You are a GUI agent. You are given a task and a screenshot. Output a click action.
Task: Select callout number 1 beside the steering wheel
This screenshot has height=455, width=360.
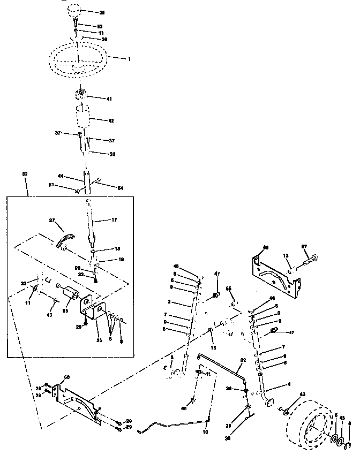(x=129, y=58)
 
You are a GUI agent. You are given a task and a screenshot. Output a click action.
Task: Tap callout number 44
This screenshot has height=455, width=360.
(x=61, y=176)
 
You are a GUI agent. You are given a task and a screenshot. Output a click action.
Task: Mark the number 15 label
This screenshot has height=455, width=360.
(x=214, y=349)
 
